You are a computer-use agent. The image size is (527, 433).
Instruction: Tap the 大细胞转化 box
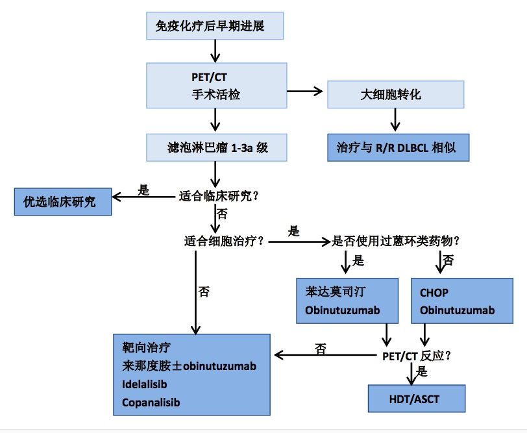coord(396,94)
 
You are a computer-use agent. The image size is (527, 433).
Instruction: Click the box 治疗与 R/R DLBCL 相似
coord(397,147)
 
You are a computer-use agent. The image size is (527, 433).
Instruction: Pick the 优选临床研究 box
coord(63,202)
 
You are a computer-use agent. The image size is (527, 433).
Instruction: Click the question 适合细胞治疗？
coord(224,241)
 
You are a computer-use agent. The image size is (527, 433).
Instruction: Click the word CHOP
coord(434,293)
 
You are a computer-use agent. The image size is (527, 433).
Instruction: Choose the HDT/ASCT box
coord(416,398)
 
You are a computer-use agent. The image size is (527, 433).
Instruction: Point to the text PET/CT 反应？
coord(415,355)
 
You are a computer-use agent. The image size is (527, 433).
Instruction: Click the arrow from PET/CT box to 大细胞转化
coord(305,90)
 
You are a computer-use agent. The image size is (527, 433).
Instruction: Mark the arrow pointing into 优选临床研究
coord(143,195)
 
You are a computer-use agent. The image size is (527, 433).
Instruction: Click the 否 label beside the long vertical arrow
coord(204,291)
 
